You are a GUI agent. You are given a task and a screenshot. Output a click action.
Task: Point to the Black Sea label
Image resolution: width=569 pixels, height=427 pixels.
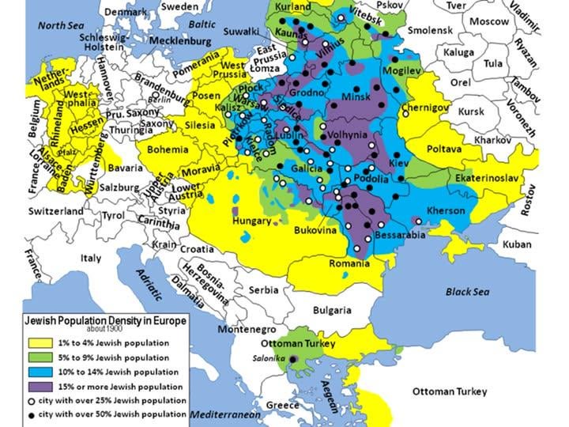[x=469, y=292]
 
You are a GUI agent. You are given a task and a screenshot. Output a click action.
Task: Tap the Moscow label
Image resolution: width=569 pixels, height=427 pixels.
[x=489, y=21]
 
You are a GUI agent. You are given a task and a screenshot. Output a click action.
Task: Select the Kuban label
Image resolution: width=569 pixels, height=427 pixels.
[x=516, y=244]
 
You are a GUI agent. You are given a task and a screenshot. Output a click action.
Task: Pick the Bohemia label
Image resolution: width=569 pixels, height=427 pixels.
[x=168, y=149]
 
